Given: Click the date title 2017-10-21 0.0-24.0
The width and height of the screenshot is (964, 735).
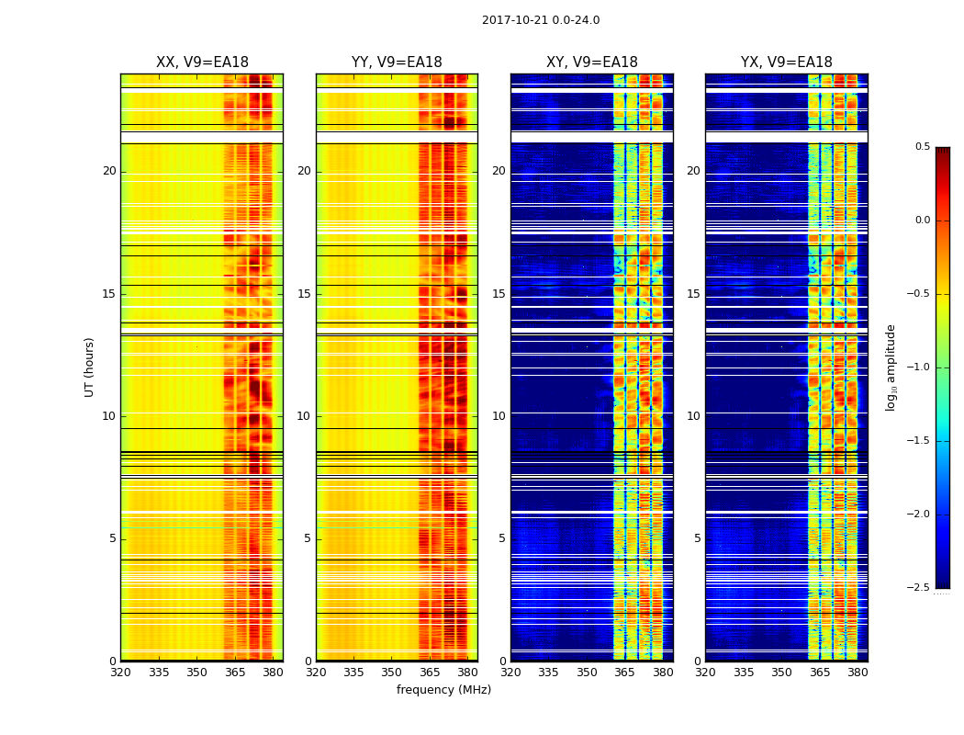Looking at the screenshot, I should click(541, 20).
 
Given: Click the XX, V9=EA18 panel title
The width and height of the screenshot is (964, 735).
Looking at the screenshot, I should click(202, 62).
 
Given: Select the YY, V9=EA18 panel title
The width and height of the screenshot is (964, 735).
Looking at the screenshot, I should click(397, 62).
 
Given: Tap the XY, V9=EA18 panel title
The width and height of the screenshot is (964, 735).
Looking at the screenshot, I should click(592, 62).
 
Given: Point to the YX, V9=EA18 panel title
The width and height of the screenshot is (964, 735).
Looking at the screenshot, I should click(787, 62).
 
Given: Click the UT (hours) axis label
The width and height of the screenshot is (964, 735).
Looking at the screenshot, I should click(90, 367).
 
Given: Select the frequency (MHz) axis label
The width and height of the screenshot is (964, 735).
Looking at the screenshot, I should click(443, 690).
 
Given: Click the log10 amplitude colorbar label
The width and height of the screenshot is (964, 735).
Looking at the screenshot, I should click(891, 367).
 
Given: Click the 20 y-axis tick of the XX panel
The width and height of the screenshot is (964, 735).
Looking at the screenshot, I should click(110, 171).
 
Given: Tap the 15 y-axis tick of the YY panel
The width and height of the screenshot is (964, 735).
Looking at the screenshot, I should click(305, 294).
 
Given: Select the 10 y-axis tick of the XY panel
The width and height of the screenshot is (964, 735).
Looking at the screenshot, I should click(499, 416).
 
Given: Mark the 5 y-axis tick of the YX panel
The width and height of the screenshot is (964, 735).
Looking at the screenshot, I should click(698, 538).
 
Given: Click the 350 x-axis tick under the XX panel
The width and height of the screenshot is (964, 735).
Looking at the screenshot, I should click(196, 672).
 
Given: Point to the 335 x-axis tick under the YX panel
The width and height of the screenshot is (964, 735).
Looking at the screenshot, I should click(744, 672).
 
